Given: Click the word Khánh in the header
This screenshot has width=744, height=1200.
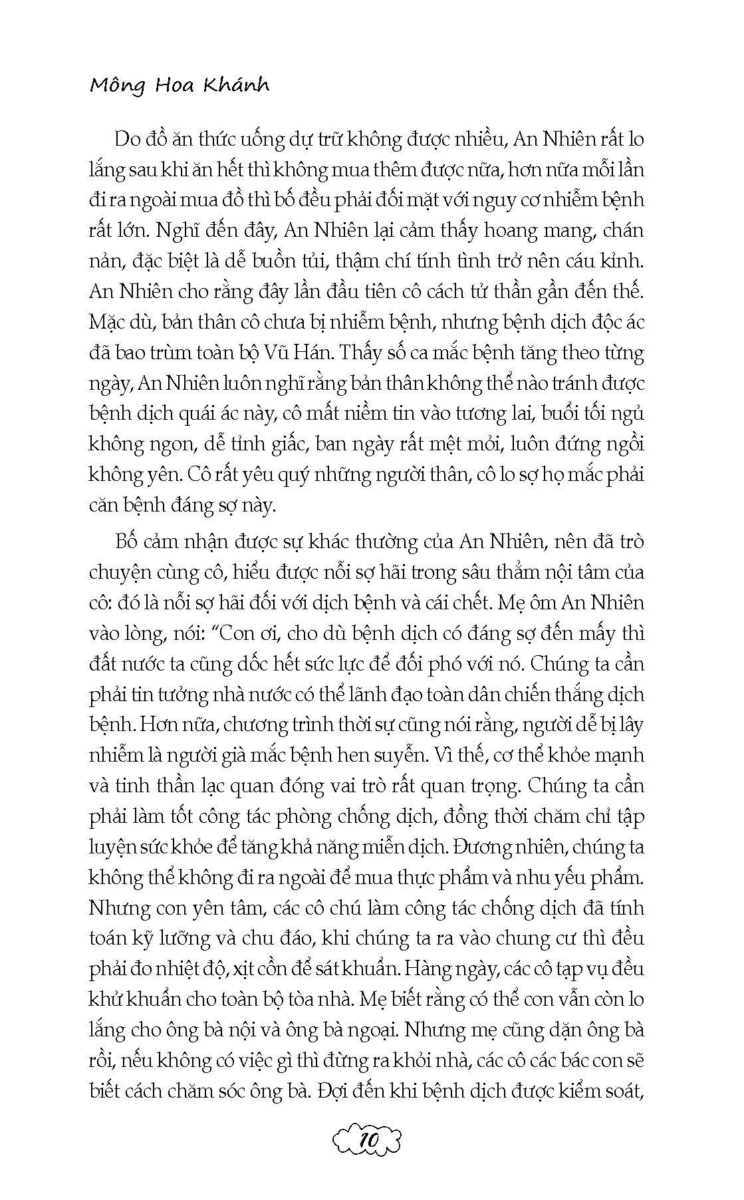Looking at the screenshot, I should click(x=238, y=86).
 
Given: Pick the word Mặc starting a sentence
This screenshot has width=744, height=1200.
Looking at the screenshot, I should click(x=108, y=323).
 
